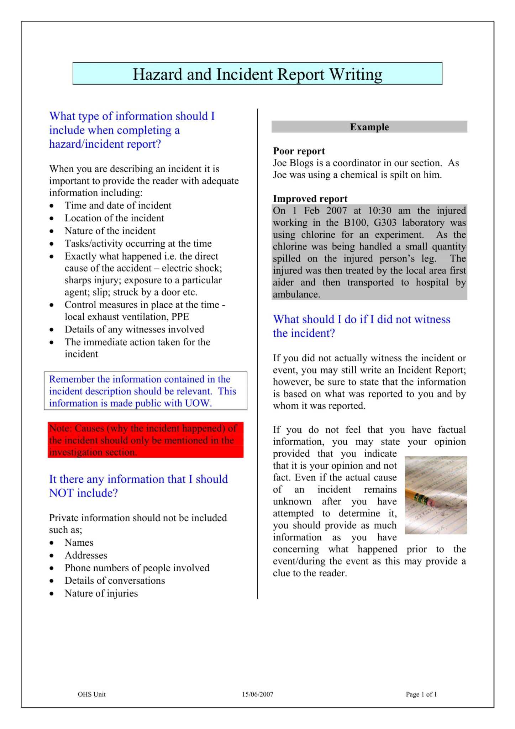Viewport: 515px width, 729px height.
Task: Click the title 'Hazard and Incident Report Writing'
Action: [257, 74]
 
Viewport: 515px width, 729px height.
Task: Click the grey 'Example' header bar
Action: [369, 127]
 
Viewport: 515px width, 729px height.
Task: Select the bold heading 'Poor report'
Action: [299, 151]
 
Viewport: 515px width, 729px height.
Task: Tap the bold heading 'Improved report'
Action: [310, 199]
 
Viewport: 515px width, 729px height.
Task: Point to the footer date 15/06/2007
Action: [257, 694]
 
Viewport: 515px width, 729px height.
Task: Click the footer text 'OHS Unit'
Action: [91, 694]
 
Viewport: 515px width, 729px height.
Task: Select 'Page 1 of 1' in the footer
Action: [421, 694]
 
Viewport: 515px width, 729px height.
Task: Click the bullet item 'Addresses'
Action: [86, 555]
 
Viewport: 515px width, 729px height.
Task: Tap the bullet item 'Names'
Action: [79, 542]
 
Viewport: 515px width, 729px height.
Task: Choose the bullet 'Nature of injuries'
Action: [101, 593]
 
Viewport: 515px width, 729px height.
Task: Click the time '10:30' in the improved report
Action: [379, 211]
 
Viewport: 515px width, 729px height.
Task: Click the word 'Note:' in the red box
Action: [61, 428]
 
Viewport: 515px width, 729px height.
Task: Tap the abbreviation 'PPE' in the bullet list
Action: [180, 317]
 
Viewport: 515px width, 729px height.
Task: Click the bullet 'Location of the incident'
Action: [114, 218]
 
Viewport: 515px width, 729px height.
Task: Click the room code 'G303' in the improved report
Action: [385, 223]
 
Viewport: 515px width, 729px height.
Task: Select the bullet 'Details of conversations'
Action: [115, 581]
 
